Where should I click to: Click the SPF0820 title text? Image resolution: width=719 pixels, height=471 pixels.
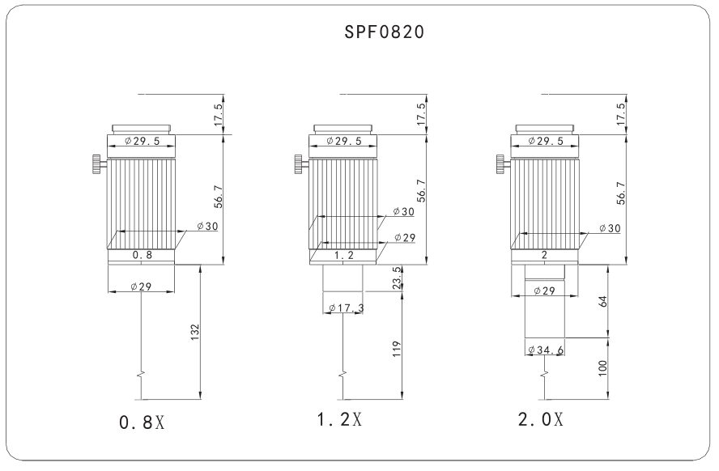[385, 32]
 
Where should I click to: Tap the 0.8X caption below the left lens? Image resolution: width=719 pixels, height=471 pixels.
[142, 422]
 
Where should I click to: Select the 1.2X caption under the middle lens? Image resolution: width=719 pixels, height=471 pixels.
[339, 418]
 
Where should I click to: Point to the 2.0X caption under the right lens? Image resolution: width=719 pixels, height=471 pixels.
[541, 418]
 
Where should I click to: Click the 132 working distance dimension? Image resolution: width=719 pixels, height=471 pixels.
[195, 332]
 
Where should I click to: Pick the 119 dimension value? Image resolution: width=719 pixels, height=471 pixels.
[397, 349]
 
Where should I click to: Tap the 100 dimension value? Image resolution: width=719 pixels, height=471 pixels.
[602, 368]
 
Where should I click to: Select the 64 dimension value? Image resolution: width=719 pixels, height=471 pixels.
[603, 302]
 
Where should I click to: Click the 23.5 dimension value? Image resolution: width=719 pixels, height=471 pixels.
[397, 278]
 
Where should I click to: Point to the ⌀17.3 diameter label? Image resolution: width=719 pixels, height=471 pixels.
[347, 308]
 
